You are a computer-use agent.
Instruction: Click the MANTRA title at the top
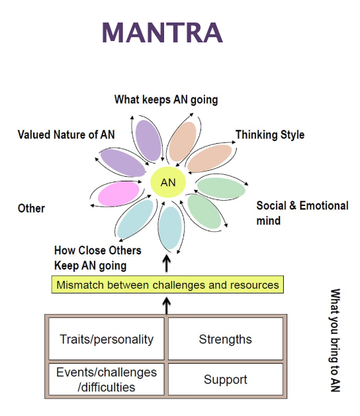click(x=162, y=33)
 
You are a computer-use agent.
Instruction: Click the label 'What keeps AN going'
click(x=166, y=100)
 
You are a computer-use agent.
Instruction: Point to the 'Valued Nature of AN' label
click(x=66, y=134)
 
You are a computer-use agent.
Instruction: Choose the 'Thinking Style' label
click(x=270, y=134)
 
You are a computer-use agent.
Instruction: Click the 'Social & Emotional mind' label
click(x=302, y=213)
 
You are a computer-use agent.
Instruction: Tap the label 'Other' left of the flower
click(x=31, y=208)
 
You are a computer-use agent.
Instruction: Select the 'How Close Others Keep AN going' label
click(x=97, y=258)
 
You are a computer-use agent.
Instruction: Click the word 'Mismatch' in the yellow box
click(x=81, y=286)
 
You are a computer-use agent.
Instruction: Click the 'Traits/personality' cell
click(x=107, y=339)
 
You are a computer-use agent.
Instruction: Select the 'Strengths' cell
click(x=225, y=339)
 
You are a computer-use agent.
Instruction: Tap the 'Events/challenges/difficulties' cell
click(x=107, y=380)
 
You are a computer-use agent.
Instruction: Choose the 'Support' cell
click(x=225, y=380)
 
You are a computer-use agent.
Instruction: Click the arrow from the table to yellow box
click(x=167, y=305)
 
